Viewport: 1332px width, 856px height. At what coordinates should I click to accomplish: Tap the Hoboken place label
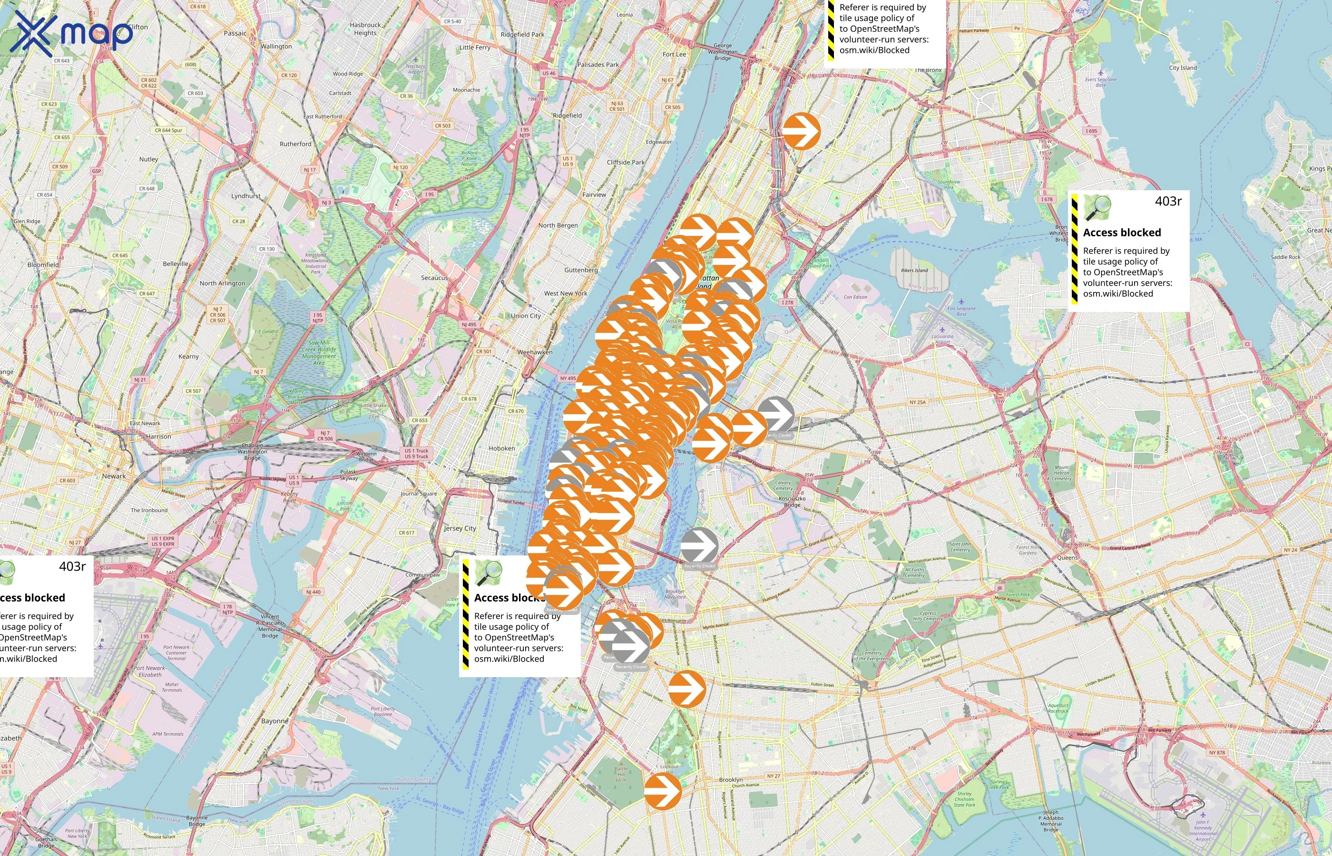point(501,448)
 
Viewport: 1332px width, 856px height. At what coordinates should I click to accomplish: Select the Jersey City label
point(460,528)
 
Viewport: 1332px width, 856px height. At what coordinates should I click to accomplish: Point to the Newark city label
point(114,476)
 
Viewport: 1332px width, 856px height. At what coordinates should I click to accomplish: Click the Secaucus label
point(434,277)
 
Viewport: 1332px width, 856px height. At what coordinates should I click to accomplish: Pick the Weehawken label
point(535,352)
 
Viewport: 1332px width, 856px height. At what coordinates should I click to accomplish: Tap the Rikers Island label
point(914,271)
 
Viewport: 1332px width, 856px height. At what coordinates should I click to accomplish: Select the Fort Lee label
point(675,54)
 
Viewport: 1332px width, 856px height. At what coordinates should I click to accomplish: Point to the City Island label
point(1183,68)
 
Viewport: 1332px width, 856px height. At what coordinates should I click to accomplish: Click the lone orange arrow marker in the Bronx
point(802,131)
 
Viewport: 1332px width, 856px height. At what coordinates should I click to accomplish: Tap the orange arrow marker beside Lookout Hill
point(663,790)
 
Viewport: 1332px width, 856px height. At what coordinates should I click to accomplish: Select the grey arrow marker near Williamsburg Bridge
point(699,547)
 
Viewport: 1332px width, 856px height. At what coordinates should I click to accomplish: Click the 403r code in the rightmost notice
point(1168,201)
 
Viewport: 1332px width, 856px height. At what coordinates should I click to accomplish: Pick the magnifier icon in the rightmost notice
point(1097,208)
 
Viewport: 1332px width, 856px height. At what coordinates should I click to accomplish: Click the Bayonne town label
point(274,721)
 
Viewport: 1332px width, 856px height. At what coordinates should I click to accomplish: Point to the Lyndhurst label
point(246,195)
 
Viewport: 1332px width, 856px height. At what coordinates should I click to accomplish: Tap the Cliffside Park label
point(626,162)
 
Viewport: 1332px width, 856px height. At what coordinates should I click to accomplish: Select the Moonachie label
point(466,89)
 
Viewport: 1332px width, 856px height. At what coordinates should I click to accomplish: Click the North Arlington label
point(222,283)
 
